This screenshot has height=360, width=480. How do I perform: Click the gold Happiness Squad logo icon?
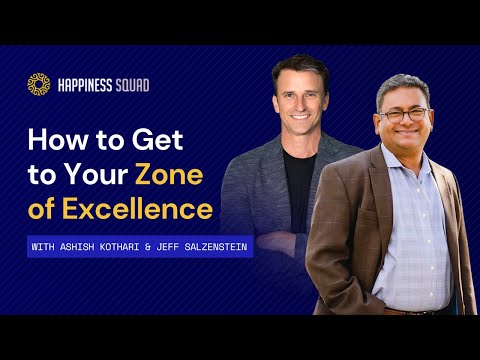(x=39, y=85)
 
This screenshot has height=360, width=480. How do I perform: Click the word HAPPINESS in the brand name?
(x=88, y=85)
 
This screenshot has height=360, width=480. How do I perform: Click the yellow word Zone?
(x=171, y=174)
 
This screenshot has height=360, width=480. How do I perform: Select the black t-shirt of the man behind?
(x=300, y=180)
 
